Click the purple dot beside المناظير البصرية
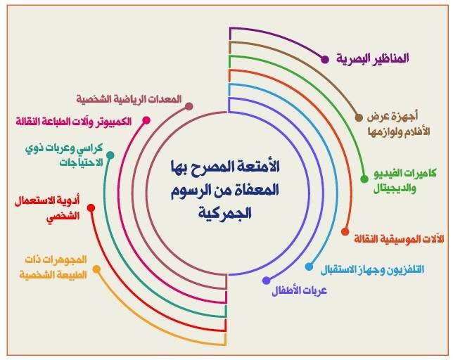(325, 60)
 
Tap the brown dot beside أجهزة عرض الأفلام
(359, 117)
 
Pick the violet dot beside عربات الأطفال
(266, 281)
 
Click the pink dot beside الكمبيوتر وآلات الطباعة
(146, 120)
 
